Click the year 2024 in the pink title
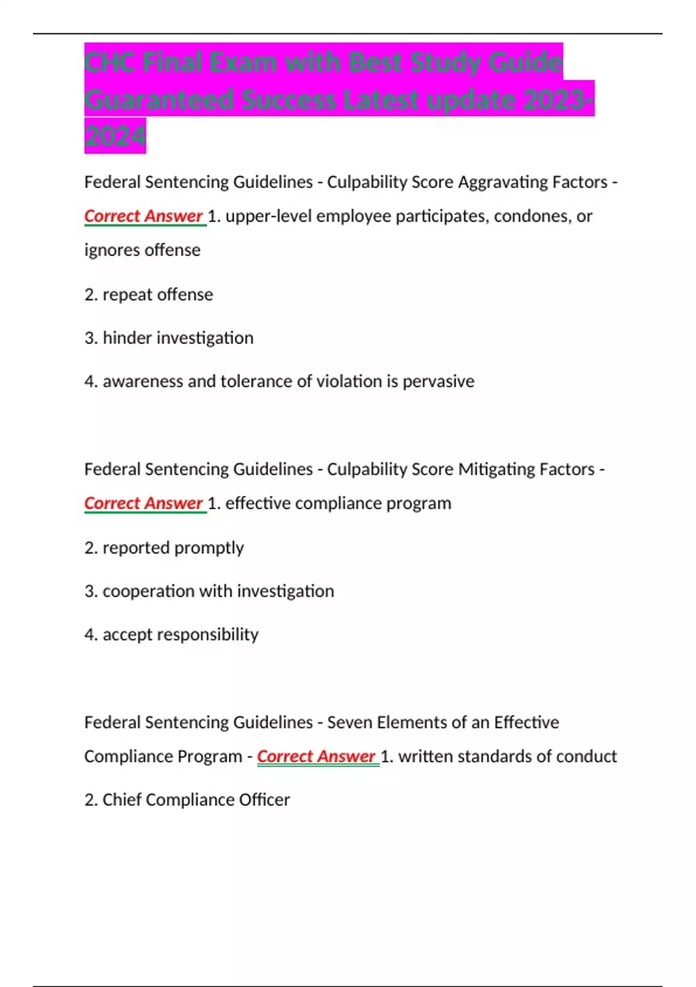(x=115, y=136)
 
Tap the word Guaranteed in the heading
(x=159, y=100)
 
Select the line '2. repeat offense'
(x=148, y=294)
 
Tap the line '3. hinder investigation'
(x=169, y=338)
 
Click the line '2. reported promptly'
(x=164, y=547)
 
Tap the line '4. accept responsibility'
(x=171, y=635)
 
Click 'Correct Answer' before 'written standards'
(x=317, y=757)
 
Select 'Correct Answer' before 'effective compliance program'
(x=144, y=503)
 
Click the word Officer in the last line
(x=268, y=800)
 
